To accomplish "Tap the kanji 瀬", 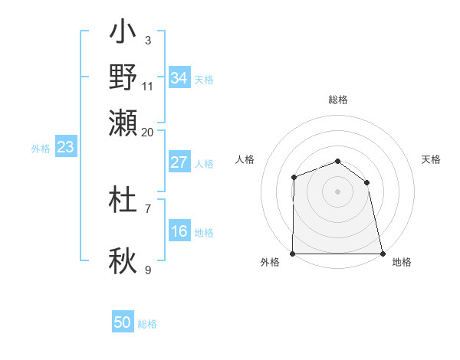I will coord(123,122).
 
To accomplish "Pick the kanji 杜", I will coord(123,201).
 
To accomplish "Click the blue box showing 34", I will coord(179,78).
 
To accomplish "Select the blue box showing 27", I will coord(179,162).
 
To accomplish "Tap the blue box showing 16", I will coord(179,231).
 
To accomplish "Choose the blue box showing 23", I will coord(65,147).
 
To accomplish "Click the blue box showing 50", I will coord(123,322).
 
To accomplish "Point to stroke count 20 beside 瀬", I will coord(148,132).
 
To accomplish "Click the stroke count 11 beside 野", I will coord(148,85).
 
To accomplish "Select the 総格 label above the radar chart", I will coord(338,100).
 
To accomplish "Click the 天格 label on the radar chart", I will coord(432,159).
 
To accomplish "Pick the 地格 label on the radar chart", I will coord(402,263).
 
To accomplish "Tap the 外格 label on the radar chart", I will coord(270,263).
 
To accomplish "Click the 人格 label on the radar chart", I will coord(245,159).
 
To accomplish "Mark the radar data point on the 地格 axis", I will coord(382,254).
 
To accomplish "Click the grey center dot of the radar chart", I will coord(337,191).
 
